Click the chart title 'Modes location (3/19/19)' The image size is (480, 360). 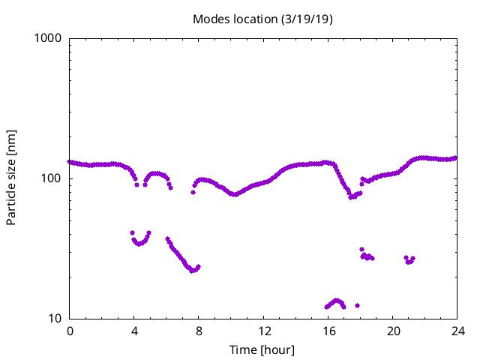coord(262,19)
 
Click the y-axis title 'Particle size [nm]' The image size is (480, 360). coord(11,178)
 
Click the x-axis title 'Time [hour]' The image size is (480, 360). coord(262,350)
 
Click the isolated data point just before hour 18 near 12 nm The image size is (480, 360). coord(357,305)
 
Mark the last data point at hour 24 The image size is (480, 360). coord(456,157)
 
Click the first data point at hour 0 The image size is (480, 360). coord(70,161)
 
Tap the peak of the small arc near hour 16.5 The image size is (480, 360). coord(337,300)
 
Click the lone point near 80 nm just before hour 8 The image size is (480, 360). coord(193,192)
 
